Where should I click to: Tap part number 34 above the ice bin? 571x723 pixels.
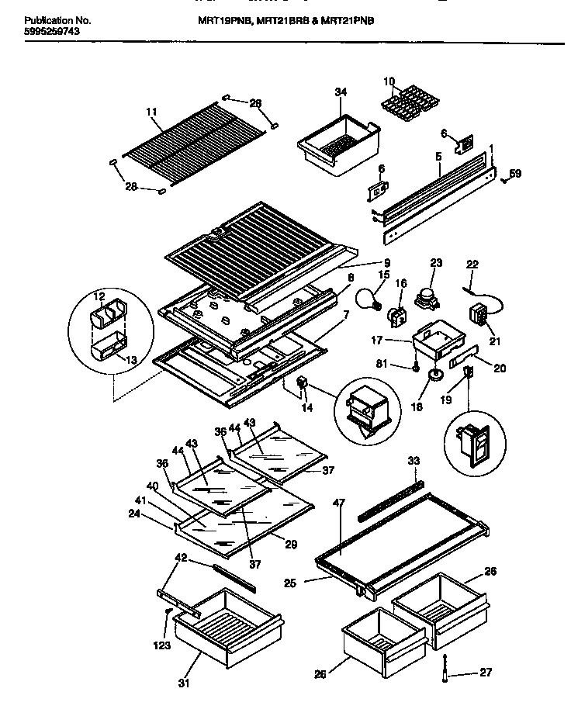(x=341, y=92)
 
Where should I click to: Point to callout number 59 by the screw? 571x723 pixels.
(x=516, y=174)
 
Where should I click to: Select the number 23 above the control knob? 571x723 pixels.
(x=435, y=262)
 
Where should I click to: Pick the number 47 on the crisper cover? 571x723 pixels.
(x=338, y=503)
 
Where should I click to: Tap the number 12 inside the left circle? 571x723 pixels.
(x=98, y=296)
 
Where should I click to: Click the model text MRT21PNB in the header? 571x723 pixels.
(x=349, y=23)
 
